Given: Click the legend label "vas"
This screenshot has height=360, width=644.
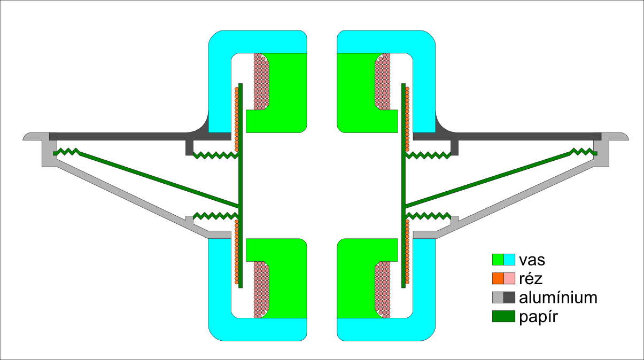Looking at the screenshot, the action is click(x=532, y=260).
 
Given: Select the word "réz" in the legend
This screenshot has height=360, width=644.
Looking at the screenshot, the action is click(x=530, y=279).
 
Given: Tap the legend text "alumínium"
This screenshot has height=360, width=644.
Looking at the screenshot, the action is click(x=558, y=298).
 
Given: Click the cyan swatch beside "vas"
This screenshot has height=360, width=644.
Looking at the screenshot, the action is click(x=509, y=260).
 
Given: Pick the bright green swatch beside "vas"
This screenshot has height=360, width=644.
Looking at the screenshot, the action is click(x=498, y=260).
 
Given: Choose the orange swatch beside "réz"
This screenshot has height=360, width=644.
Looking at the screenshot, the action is click(x=498, y=278).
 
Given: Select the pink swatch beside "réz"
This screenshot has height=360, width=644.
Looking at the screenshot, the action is click(x=509, y=278).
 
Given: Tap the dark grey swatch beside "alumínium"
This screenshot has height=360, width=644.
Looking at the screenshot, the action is click(x=509, y=298).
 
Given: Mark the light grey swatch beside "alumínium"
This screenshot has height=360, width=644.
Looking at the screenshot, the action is click(x=498, y=298).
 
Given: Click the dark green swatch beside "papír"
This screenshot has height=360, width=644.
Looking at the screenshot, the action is click(x=503, y=316).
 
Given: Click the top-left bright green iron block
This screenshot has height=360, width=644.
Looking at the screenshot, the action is click(x=286, y=91).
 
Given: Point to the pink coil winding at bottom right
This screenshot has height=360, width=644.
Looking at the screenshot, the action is click(x=383, y=288).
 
